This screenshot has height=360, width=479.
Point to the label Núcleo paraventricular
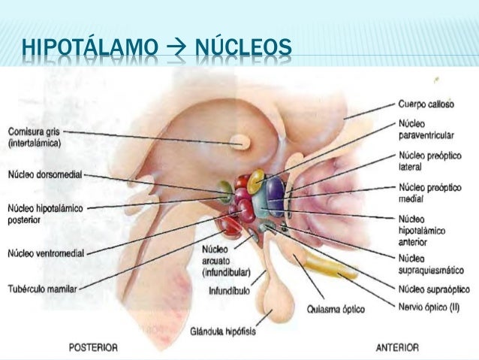[x=423, y=129]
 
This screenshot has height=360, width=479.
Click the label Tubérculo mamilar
[x=42, y=287]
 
